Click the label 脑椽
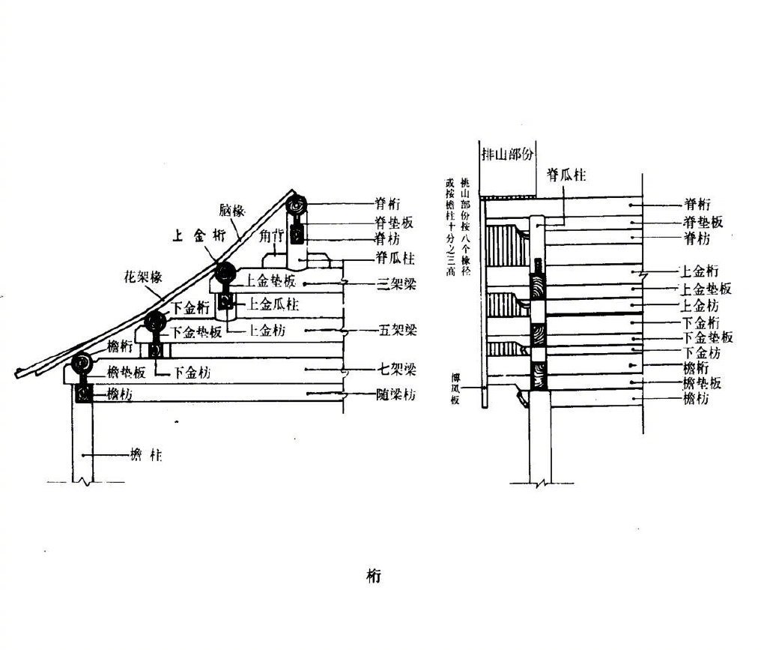click(x=233, y=210)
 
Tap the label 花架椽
click(x=142, y=277)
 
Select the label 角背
click(x=272, y=235)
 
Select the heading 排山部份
click(x=509, y=152)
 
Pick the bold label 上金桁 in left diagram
click(x=198, y=235)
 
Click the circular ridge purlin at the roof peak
click(x=297, y=205)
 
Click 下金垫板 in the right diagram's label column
click(x=707, y=337)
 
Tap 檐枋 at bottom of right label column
click(x=697, y=399)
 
